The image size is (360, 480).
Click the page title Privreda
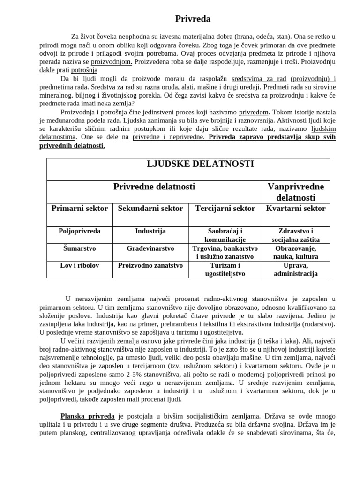tap(193, 19)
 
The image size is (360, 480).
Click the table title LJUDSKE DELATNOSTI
tap(194, 164)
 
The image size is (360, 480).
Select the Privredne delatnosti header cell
tap(154, 187)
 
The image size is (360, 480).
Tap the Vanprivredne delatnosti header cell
tap(295, 192)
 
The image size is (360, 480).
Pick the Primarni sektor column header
tap(79, 209)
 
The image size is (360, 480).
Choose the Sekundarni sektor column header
tap(150, 209)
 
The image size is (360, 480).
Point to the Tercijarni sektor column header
tap(225, 209)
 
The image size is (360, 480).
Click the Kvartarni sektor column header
tap(295, 209)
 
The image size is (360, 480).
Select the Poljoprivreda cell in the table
tap(79, 231)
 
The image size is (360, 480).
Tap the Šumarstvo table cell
tap(79, 248)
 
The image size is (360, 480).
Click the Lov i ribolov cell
tap(79, 265)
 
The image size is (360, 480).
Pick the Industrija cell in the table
tap(150, 231)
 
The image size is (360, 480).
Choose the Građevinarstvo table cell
tap(150, 248)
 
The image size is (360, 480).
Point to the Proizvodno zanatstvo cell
tap(150, 265)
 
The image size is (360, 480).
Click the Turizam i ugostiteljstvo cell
tap(225, 269)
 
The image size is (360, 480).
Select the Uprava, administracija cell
tap(295, 269)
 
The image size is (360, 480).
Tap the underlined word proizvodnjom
tap(111, 62)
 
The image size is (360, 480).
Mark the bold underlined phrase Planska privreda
tap(87, 416)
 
